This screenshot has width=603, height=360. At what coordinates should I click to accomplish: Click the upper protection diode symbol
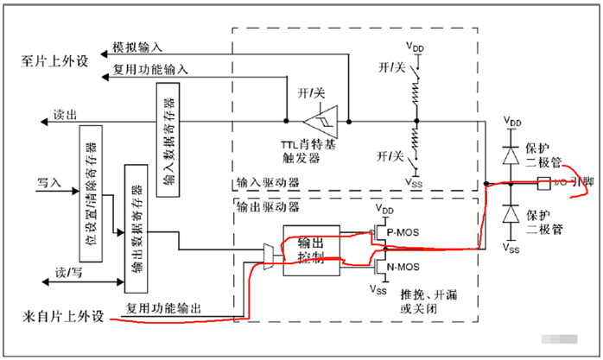click(x=512, y=155)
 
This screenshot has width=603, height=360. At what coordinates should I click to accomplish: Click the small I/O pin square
click(x=543, y=183)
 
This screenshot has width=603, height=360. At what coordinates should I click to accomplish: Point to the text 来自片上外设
click(x=58, y=315)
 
